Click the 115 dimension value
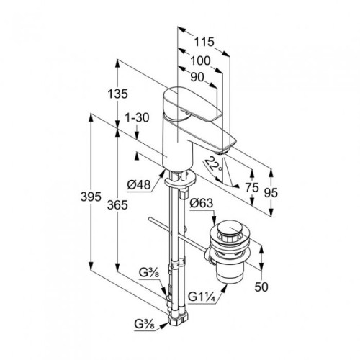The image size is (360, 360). pyautogui.click(x=204, y=42)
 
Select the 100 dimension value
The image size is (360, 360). pyautogui.click(x=200, y=61)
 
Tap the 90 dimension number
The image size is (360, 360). pyautogui.click(x=197, y=77)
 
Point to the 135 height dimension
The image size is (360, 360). pyautogui.click(x=117, y=94)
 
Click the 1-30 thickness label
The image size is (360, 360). pyautogui.click(x=138, y=118)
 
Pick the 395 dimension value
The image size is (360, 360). pyautogui.click(x=91, y=197)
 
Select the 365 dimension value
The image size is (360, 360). pyautogui.click(x=117, y=205)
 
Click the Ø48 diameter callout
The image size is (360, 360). pyautogui.click(x=139, y=185)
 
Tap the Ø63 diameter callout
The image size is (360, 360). pyautogui.click(x=202, y=203)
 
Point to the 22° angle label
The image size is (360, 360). pyautogui.click(x=214, y=163)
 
